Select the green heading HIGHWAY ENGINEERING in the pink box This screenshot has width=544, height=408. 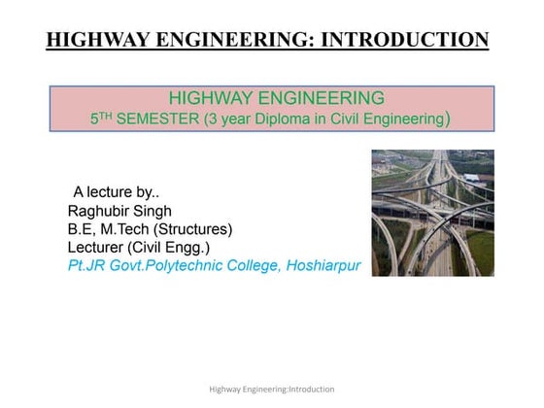pyautogui.click(x=277, y=97)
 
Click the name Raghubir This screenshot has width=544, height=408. pyautogui.click(x=101, y=210)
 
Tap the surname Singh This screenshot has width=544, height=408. pyautogui.click(x=156, y=210)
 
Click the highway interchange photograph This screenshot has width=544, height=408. pyautogui.click(x=432, y=213)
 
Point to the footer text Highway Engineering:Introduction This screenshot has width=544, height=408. pyautogui.click(x=272, y=389)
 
